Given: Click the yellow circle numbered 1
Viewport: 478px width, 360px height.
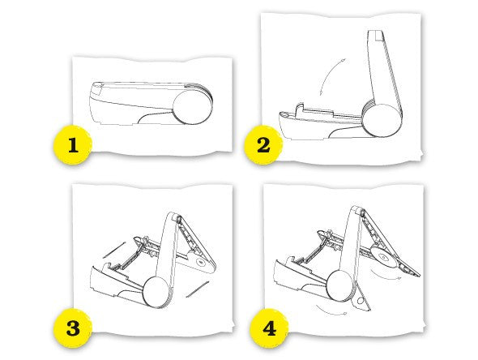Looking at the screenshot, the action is coord(73,145).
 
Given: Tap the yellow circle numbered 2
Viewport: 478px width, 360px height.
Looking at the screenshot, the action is coord(263,145).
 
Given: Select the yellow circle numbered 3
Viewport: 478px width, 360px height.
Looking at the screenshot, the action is coord(73,328).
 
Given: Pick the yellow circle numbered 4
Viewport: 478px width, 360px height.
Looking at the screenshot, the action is coord(269,328).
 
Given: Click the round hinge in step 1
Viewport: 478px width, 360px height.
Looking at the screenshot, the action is coord(192,107).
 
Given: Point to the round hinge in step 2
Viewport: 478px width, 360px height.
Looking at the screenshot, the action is coord(383,121).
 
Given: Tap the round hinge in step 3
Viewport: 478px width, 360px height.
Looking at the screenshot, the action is coord(156,292).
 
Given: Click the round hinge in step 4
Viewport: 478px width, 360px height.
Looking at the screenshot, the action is coord(340,286).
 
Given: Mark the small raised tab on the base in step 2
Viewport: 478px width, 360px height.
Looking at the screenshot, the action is coord(300,109).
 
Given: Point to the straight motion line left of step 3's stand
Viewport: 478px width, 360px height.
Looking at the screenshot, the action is coord(114,251).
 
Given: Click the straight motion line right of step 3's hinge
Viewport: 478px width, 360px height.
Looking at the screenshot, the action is coord(197,289).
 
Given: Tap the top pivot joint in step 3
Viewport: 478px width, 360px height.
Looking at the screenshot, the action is coord(178,218).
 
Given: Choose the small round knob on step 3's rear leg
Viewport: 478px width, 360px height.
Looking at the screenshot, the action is coord(200,261).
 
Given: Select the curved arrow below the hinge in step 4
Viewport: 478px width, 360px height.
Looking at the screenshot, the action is coord(331,311).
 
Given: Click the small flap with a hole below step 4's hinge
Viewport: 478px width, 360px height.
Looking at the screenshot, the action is coord(361,300).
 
